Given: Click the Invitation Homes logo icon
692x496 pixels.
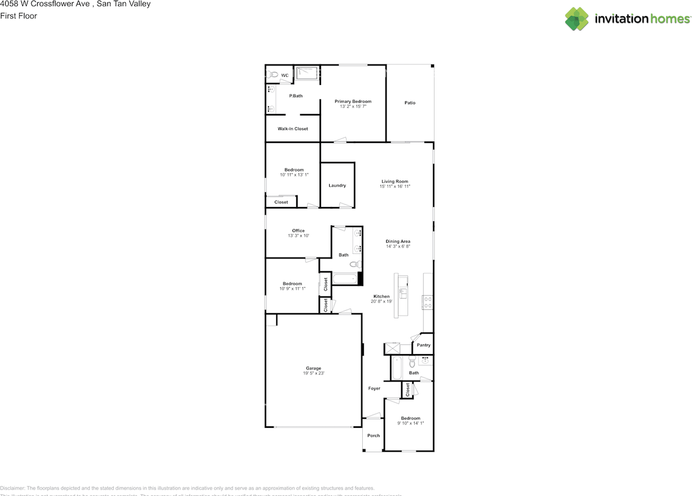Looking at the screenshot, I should pos(577,19).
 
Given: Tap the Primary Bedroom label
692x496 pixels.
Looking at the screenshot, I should pos(353,102).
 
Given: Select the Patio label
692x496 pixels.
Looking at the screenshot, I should pos(410,103).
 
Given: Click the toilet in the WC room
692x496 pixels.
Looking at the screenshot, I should pos(272,75).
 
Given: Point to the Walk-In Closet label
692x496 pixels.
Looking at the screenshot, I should pos(292,129).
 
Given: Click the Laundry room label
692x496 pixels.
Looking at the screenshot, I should pos(337,185).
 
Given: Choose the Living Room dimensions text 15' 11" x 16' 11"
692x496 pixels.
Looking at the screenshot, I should pos(395,186).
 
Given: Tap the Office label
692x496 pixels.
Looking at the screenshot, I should pos(298,231).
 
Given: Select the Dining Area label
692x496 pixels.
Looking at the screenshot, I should pos(398,242).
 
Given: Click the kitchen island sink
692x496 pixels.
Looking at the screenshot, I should pos(402,293).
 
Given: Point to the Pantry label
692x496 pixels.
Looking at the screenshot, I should pos(423,345).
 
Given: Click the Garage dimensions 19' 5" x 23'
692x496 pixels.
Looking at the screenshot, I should pos(314,373).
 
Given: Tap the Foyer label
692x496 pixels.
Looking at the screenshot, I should pos(374,388).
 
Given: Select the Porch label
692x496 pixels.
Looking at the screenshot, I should pos(373,435).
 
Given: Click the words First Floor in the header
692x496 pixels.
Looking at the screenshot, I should pos(19,16).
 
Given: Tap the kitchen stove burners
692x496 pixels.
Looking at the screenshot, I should pos(427,301).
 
